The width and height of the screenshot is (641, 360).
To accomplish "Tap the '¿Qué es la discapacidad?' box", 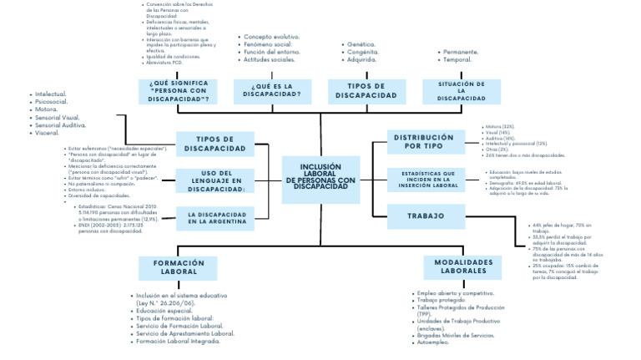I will tap(273, 90).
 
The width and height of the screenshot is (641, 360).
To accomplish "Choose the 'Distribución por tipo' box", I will tap(424, 142).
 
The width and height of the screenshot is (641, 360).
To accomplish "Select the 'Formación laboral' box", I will tap(179, 266).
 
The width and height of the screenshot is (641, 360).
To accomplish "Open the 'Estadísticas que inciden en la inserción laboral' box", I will tap(426, 179).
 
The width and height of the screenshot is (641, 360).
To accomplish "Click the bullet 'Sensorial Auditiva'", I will tap(61, 125).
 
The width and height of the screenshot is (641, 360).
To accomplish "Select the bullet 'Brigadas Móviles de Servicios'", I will tap(459, 334).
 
